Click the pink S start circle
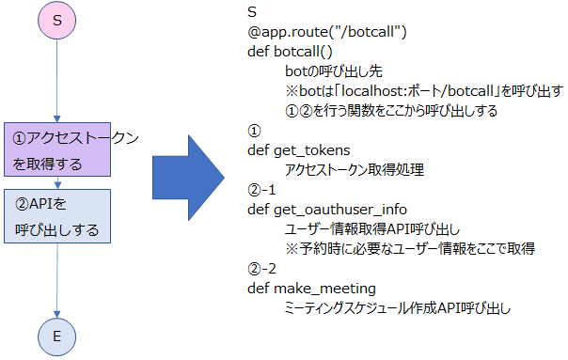(57, 21)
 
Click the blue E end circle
(58, 336)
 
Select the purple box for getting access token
(58, 150)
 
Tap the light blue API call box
(58, 216)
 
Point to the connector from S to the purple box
(58, 80)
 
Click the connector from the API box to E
(58, 277)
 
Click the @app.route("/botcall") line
(326, 33)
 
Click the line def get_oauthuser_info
(327, 209)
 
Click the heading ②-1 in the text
(262, 189)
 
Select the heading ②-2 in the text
(262, 268)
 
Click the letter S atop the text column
(252, 12)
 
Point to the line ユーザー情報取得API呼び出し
(372, 228)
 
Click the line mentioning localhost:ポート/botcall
(423, 91)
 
